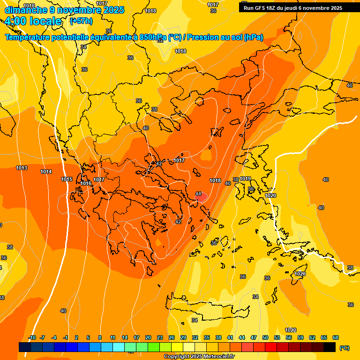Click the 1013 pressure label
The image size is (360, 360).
tap(22, 168)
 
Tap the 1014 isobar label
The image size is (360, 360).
tap(46, 172)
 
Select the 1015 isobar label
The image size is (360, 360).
tap(67, 180)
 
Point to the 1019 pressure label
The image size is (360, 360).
tap(245, 179)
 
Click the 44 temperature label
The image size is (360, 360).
tap(198, 194)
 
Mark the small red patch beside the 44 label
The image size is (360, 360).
tap(202, 198)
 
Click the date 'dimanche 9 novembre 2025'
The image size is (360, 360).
tap(65, 10)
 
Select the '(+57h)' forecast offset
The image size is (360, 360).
tap(81, 21)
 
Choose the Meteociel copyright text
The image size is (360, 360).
tap(199, 357)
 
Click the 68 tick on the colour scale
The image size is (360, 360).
tap(336, 337)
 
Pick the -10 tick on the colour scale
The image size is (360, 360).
tap(32, 337)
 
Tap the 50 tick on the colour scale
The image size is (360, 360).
tap(265, 337)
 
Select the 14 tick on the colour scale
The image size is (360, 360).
tap(125, 337)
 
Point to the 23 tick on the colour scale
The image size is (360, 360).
tap(160, 337)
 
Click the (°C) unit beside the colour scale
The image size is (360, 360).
tap(344, 348)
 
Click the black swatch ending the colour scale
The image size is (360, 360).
tap(330, 347)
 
